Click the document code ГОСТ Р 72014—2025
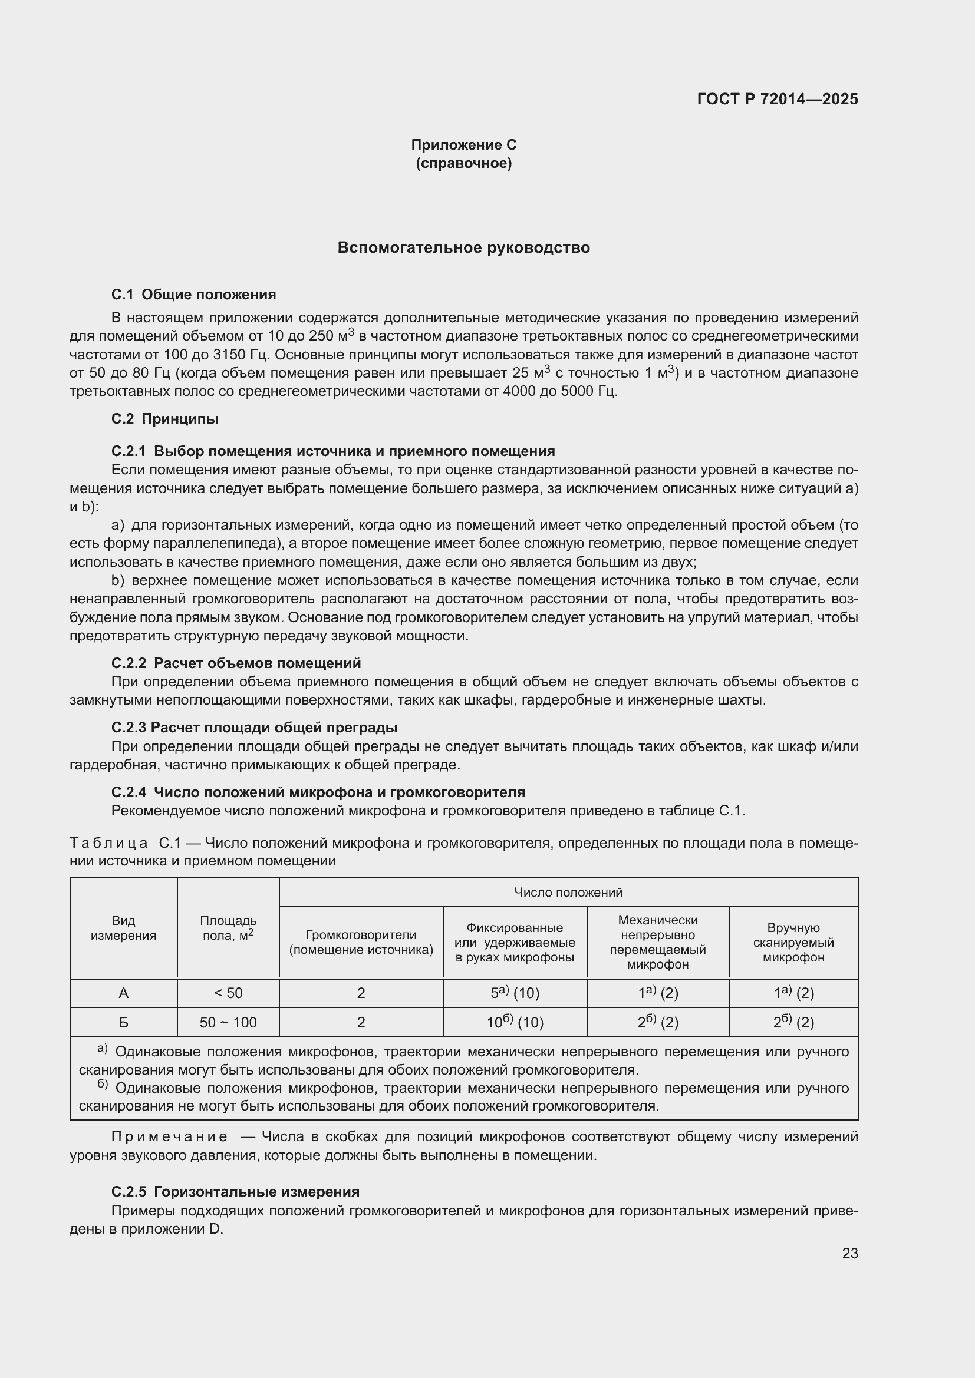tap(778, 100)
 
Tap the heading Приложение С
tap(463, 145)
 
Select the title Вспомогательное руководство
tap(463, 248)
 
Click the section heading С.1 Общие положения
tap(193, 295)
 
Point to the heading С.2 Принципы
tap(164, 419)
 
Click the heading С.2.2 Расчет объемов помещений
tap(236, 663)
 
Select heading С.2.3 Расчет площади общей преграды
tap(254, 728)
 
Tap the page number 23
tap(849, 1253)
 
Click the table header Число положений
tap(568, 893)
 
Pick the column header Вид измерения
tap(123, 928)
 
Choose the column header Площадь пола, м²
tap(228, 928)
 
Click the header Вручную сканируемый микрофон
tap(793, 942)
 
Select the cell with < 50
tap(228, 993)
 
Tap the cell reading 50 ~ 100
tap(228, 1023)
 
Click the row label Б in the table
tap(123, 1023)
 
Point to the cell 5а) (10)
tap(515, 993)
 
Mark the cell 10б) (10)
tap(515, 1023)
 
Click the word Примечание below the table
tap(169, 1136)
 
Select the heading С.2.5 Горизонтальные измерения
tap(235, 1191)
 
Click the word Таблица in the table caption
tap(108, 843)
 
